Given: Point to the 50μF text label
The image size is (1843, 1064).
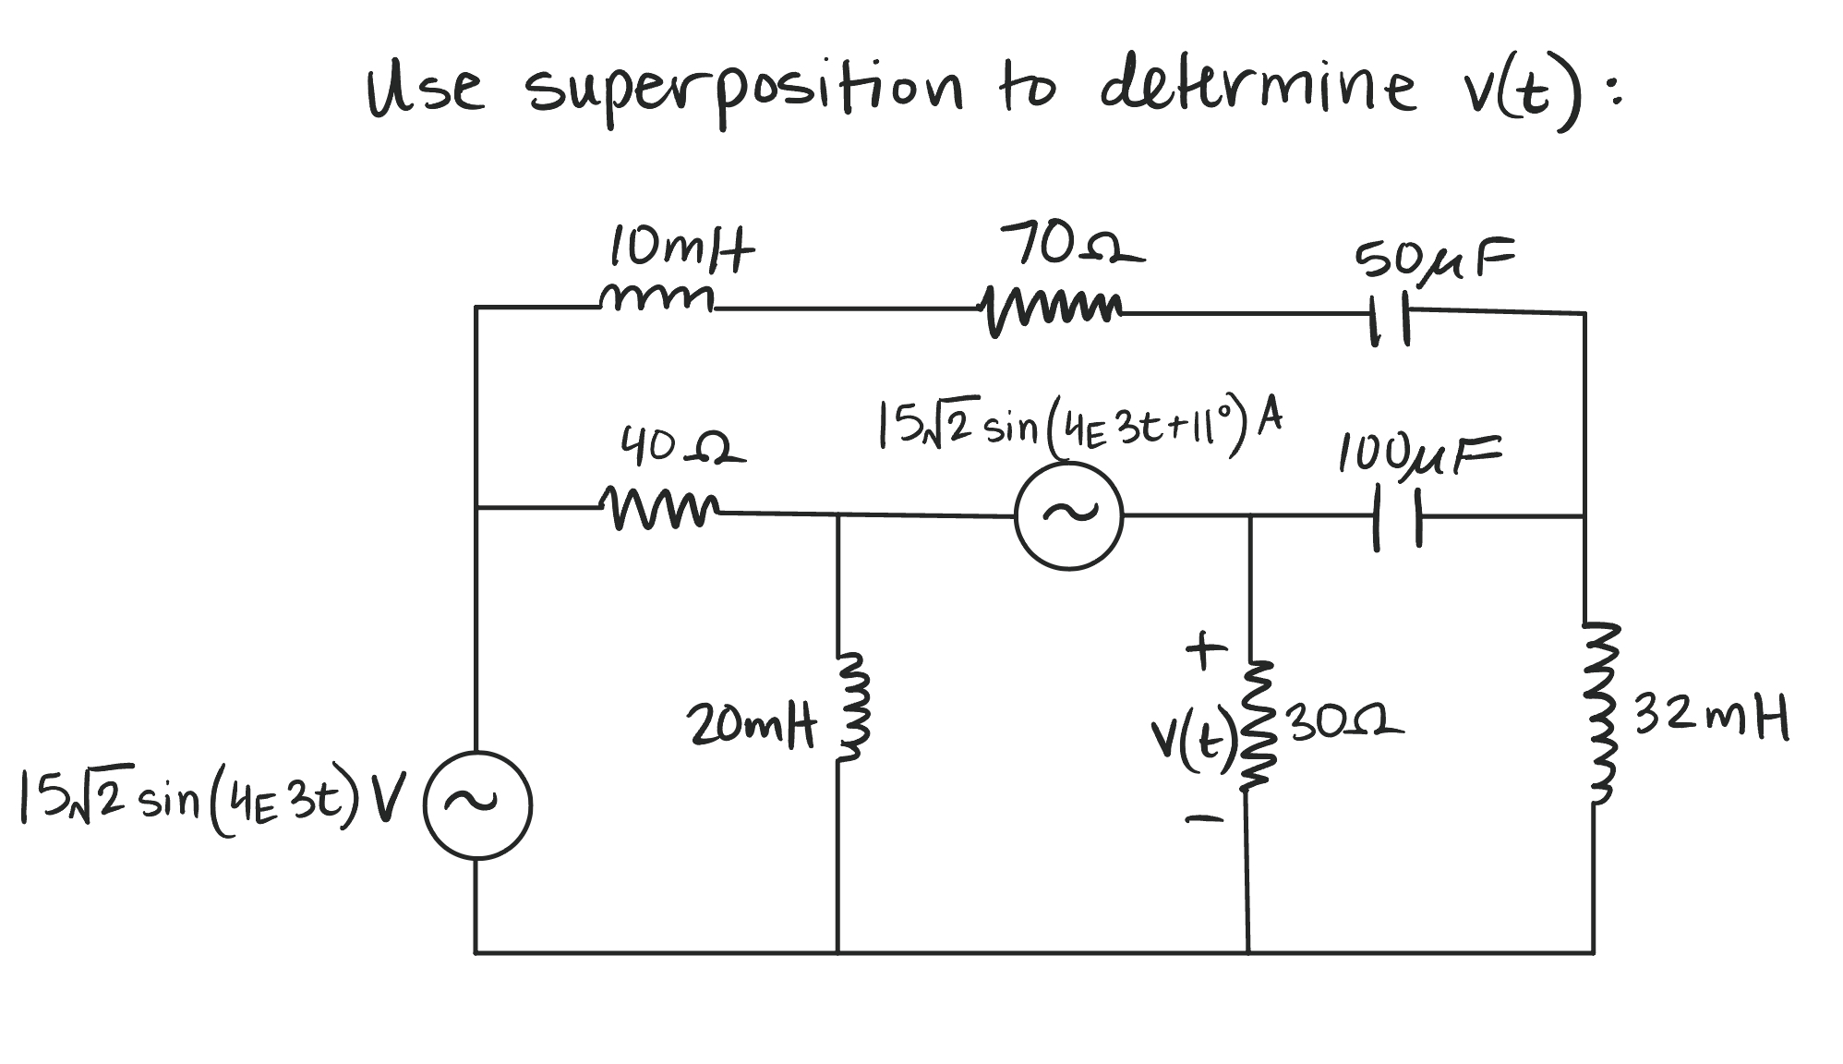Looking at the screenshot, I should pyautogui.click(x=1433, y=259).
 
